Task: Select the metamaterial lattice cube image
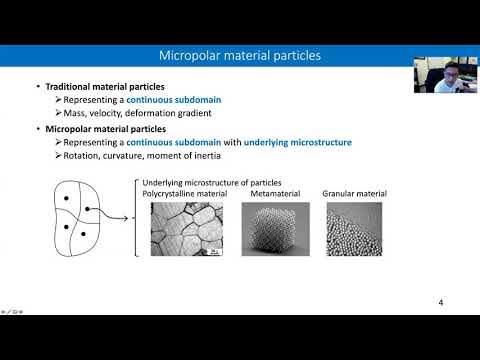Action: click(269, 229)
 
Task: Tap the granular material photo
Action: click(354, 229)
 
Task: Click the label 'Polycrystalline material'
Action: click(187, 193)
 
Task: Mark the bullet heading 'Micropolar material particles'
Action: click(98, 129)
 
